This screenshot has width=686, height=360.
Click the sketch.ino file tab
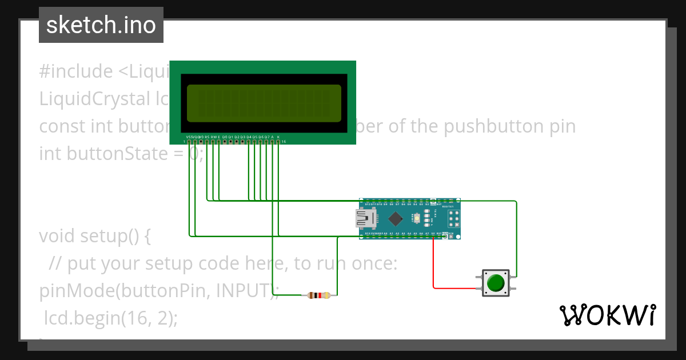[101, 25]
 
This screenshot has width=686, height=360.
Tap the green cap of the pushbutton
[496, 282]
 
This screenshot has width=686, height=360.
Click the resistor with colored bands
[318, 295]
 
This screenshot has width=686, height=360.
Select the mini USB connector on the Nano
[366, 218]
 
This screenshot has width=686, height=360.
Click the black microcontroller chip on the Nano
[396, 218]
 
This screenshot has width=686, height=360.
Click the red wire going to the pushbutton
[433, 269]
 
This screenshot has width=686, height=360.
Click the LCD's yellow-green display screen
[264, 103]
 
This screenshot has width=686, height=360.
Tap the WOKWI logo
[607, 315]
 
